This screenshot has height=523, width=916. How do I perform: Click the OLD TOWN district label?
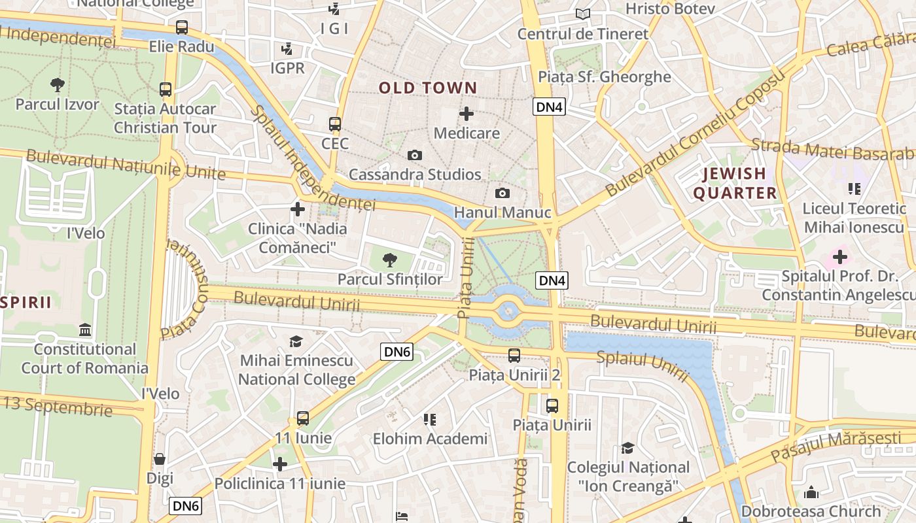428,88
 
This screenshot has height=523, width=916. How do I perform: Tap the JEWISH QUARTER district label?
735,183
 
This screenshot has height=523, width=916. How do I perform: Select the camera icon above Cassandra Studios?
414,155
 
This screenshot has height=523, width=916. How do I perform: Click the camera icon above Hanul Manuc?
502,193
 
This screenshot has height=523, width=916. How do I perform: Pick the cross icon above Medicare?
467,114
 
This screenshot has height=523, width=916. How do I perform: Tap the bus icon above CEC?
335,124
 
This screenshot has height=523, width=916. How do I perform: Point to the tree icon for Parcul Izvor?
58,84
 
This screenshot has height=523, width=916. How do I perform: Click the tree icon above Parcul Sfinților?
389,260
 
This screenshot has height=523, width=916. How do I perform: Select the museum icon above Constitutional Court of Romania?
84,329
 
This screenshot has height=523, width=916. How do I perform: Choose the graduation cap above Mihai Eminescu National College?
296,341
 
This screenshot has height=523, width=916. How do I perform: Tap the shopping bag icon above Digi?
160,459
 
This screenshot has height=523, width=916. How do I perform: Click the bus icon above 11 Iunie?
302,418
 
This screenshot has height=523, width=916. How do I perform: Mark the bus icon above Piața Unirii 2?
514,356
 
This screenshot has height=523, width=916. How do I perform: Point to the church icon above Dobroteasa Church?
811,492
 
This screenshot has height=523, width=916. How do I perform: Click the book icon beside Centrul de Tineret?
582,14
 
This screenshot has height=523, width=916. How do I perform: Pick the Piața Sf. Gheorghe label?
605,77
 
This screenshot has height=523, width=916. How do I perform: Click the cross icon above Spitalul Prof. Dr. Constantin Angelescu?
840,257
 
